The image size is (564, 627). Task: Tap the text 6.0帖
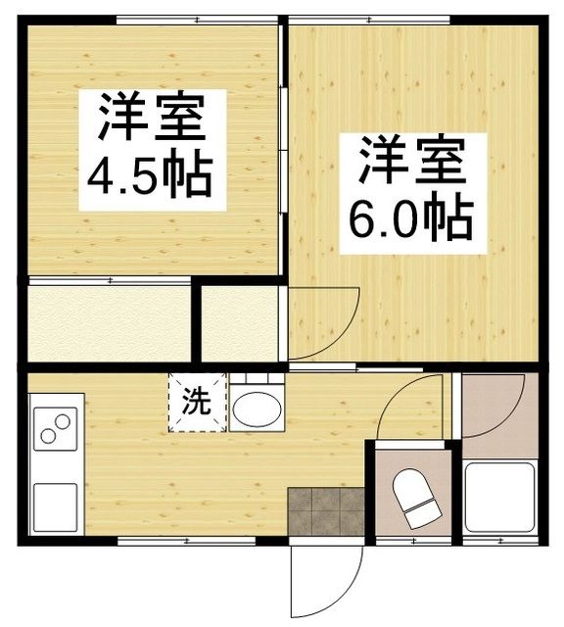(x=411, y=219)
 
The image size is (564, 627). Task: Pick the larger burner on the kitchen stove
(x=62, y=422)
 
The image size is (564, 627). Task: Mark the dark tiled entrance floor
(x=325, y=510)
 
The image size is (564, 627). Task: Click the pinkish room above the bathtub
(x=498, y=406)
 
